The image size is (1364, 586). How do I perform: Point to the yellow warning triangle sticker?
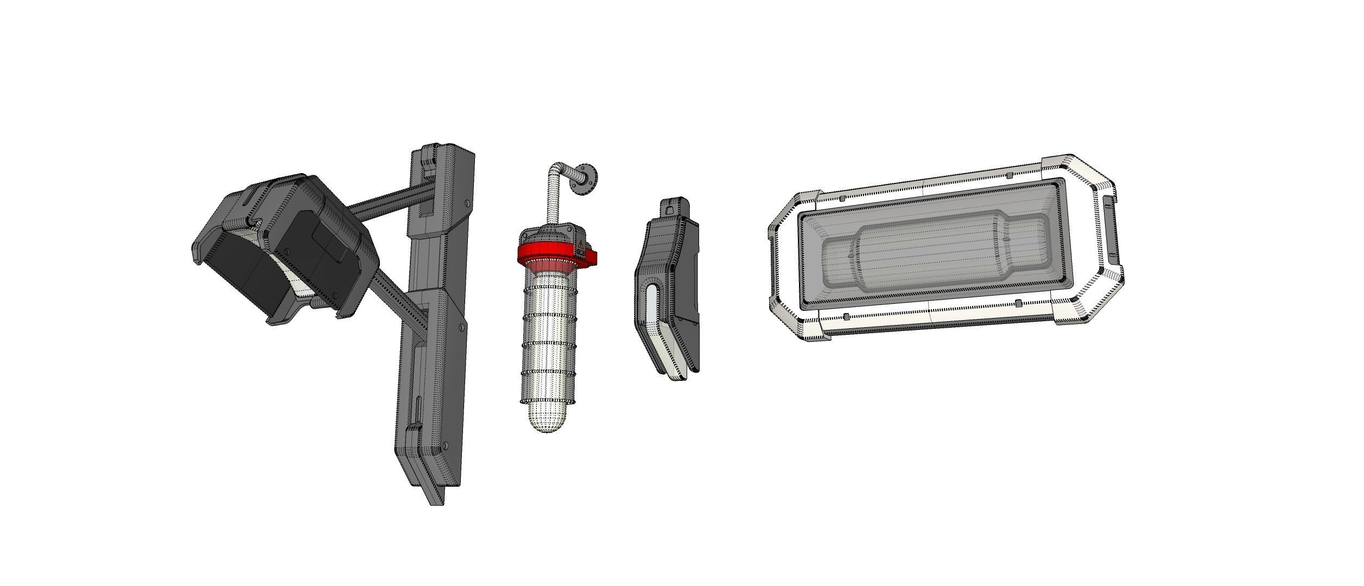click(580, 242)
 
